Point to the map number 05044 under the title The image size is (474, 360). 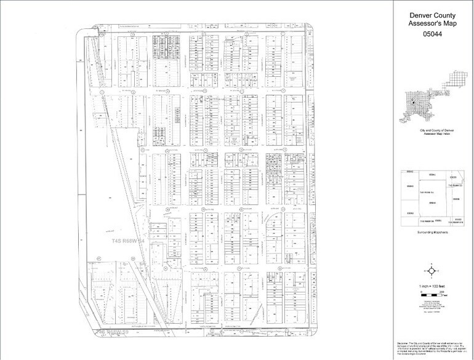tap(433, 36)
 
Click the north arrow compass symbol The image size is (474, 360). tap(433, 270)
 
